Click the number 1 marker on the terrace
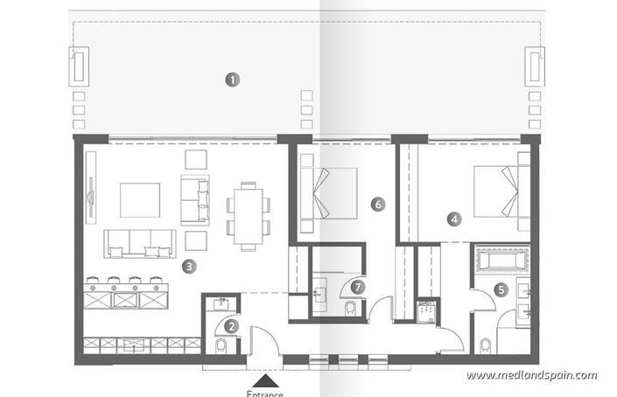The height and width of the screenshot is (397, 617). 232,79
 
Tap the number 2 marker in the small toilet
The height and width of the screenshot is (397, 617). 231,326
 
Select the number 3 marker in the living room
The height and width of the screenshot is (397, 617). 190,265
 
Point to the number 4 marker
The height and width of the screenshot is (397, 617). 454,220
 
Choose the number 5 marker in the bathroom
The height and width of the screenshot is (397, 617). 501,289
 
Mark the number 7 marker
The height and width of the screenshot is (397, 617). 356,285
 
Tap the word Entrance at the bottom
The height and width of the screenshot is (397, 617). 265,393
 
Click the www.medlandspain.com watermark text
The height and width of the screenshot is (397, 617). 531,375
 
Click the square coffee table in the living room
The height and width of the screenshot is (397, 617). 140,199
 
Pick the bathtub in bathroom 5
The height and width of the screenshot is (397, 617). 501,261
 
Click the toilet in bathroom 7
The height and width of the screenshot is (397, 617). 351,309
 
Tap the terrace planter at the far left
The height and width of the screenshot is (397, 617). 79,66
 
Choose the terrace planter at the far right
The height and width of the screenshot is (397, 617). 534,66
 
